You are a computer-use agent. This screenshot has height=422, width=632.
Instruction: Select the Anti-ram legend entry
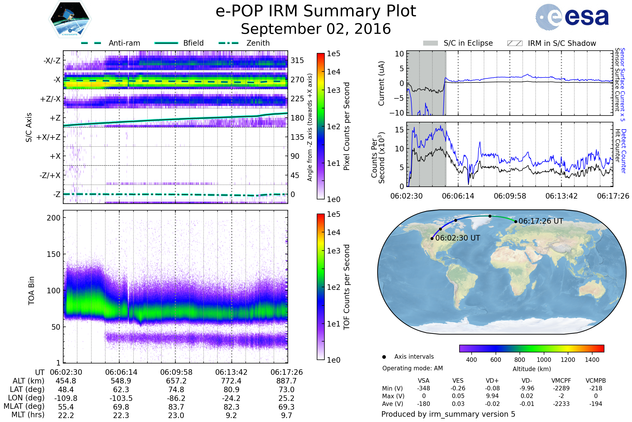click(110, 43)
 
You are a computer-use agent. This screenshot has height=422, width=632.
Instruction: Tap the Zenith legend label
click(258, 43)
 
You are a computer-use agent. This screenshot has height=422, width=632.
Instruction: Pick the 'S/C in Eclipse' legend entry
click(458, 43)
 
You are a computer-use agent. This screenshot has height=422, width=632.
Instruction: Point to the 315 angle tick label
click(297, 60)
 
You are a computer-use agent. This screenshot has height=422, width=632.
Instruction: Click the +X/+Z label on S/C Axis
click(48, 137)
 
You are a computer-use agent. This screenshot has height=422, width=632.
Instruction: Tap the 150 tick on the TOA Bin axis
click(53, 254)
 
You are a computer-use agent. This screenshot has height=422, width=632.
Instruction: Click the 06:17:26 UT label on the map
click(541, 221)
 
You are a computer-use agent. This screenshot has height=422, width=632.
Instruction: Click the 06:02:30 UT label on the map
click(457, 238)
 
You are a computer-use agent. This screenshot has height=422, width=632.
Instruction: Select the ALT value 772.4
click(231, 381)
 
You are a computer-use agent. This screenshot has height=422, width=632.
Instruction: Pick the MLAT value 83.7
click(176, 407)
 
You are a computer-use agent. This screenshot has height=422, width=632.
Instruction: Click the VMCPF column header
click(561, 381)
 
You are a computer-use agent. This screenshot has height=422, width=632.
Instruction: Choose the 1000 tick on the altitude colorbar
click(544, 360)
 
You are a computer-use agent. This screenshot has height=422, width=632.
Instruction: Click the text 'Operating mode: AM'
click(412, 368)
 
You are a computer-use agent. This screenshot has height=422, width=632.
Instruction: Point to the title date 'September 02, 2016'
click(316, 29)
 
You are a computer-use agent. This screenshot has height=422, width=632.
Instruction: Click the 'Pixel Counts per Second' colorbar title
click(347, 126)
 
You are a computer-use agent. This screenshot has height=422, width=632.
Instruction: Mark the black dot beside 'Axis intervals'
click(384, 357)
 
